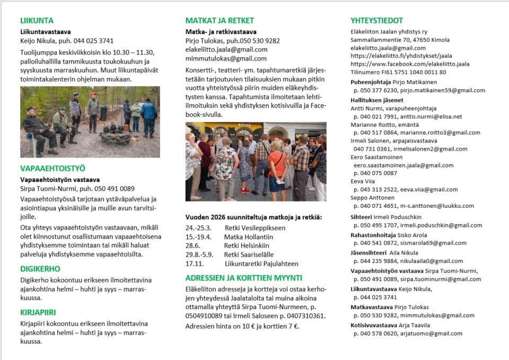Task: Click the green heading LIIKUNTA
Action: coord(37,21)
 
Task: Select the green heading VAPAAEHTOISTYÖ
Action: coord(52,169)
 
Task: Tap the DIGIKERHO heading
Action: coord(40,269)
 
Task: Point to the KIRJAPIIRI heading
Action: coord(38,312)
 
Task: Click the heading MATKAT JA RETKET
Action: coord(220,21)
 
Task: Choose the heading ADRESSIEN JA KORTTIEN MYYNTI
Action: coord(243,277)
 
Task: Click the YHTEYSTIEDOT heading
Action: coord(376,21)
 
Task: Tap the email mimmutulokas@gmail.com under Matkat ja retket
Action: coord(226,58)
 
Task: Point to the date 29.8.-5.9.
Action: coord(200,254)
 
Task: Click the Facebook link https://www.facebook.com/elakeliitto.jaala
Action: coord(410,64)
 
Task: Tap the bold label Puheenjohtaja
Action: coord(370,82)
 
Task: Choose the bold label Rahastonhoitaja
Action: coord(373,235)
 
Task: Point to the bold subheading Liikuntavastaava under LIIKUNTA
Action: coord(46,32)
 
